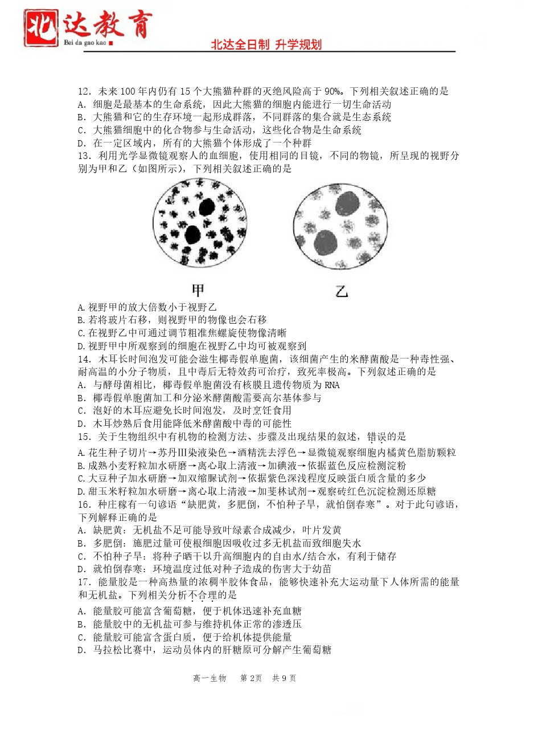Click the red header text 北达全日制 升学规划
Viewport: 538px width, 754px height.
(266, 44)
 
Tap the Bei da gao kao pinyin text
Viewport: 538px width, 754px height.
(85, 43)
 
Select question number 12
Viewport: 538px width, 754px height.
(84, 91)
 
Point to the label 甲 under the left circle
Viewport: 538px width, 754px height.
(198, 291)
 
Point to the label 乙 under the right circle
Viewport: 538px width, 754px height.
(341, 292)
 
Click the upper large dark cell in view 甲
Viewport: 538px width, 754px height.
(207, 206)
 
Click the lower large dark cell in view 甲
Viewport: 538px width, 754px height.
(192, 234)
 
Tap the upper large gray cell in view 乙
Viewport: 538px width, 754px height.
(347, 203)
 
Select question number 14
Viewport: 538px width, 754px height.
(84, 359)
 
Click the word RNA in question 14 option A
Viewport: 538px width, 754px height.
(331, 385)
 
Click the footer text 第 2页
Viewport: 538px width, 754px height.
(251, 678)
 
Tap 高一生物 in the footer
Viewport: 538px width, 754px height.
(210, 678)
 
